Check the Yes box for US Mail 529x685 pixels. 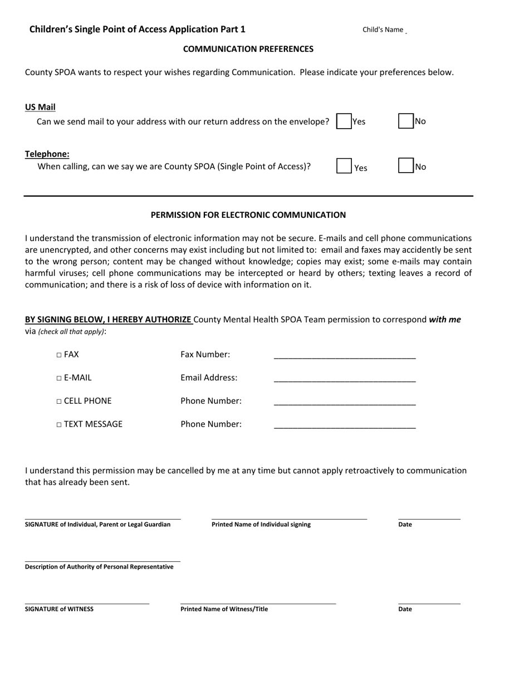coord(344,121)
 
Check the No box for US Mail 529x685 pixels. coord(406,121)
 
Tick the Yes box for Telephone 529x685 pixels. coord(344,166)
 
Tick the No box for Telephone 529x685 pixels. coord(406,166)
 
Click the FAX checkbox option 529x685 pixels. coord(59,355)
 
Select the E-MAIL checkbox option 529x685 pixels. coord(59,378)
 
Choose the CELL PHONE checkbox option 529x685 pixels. coord(59,402)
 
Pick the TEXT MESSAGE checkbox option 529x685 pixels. coord(59,425)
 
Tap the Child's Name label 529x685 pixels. coord(383,30)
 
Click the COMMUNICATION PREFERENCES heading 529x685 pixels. coord(248,49)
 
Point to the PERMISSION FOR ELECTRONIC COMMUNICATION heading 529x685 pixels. coord(248,215)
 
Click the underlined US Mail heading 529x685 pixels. coord(40,107)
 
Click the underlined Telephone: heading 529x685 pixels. coord(47,154)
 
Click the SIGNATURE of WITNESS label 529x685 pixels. coord(59,609)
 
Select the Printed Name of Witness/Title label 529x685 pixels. coord(224,609)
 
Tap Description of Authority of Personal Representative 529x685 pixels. coord(99,567)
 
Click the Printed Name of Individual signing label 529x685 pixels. coord(261,525)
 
